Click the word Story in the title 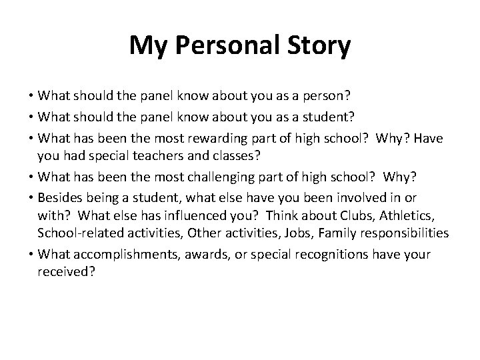click(x=316, y=45)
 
